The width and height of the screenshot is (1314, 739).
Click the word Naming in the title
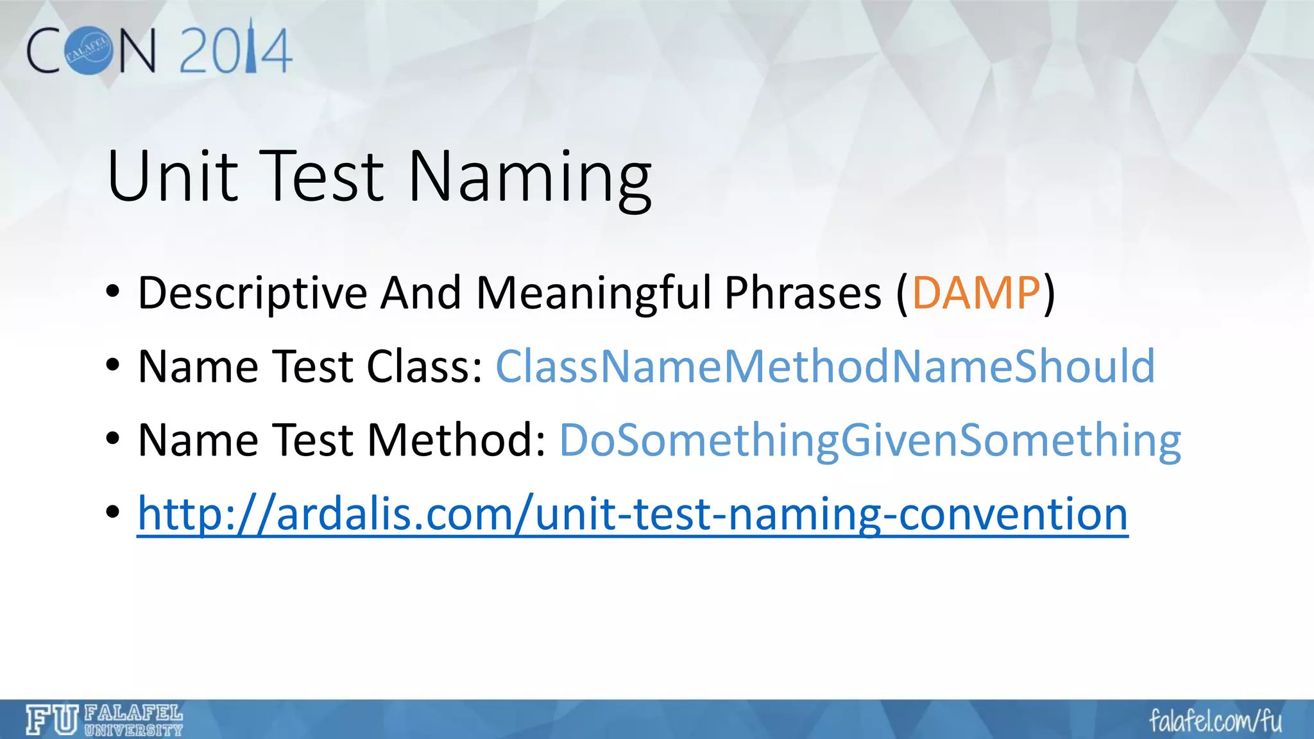[x=529, y=176]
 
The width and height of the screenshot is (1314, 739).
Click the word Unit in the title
[x=172, y=176]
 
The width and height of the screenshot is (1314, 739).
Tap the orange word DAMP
[x=976, y=293]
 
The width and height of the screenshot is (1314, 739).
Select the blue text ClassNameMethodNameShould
[x=825, y=366]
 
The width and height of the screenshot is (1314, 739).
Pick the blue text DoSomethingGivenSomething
[x=869, y=441]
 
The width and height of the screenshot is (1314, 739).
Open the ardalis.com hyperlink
[x=632, y=514]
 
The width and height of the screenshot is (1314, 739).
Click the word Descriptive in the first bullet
[x=253, y=293]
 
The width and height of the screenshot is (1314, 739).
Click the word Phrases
[x=803, y=293]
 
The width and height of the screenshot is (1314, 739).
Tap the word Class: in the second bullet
[x=424, y=366]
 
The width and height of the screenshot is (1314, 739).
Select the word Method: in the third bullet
[x=456, y=441]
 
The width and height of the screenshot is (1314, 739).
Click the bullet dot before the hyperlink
[x=113, y=513]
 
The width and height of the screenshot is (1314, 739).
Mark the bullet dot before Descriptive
[x=113, y=293]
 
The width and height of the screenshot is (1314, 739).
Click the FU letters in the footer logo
[x=52, y=720]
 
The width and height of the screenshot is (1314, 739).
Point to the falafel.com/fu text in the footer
[x=1215, y=721]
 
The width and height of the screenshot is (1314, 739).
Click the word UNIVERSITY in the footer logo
[x=133, y=730]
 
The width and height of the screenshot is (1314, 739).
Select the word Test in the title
[x=324, y=176]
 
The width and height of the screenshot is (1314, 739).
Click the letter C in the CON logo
[x=44, y=51]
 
